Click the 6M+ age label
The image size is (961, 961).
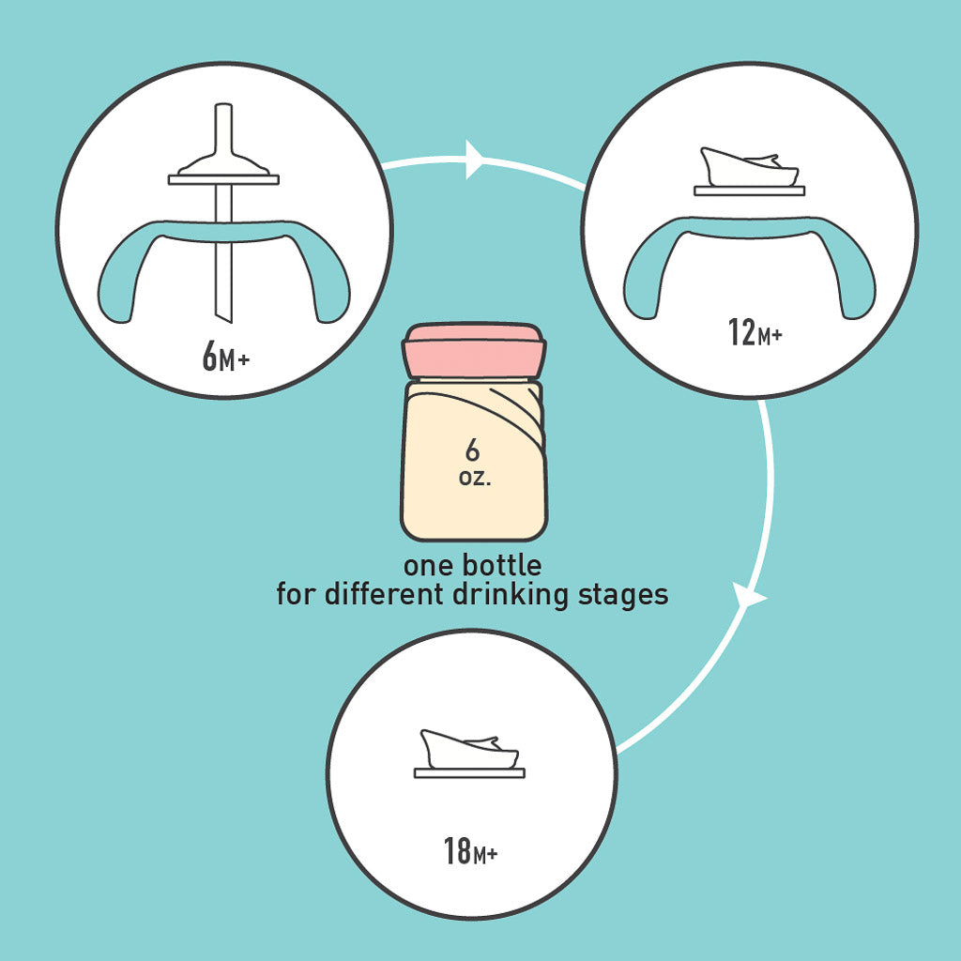click(225, 358)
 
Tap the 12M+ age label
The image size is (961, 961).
click(755, 332)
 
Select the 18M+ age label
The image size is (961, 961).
click(471, 853)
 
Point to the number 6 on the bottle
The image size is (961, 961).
click(472, 451)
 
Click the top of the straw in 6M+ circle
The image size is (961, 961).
click(224, 122)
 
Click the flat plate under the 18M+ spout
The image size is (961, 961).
click(469, 773)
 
